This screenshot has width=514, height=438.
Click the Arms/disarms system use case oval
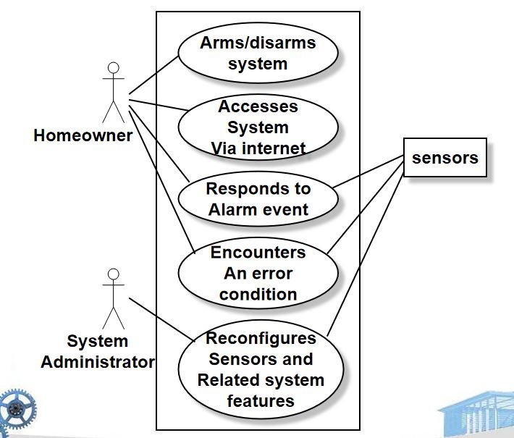[x=258, y=53]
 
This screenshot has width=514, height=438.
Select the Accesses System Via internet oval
[x=258, y=127]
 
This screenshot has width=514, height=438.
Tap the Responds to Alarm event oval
[x=258, y=199]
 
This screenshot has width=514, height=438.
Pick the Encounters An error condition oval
[x=258, y=274]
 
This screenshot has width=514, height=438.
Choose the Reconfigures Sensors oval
[x=260, y=369]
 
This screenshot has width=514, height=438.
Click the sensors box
[x=445, y=158]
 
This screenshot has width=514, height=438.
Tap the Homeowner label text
[x=83, y=135]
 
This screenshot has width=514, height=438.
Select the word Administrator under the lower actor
[x=97, y=362]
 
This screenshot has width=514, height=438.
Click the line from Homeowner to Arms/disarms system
[x=153, y=76]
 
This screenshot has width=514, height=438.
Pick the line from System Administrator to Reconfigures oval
[x=161, y=319]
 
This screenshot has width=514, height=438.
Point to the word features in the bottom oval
[x=260, y=400]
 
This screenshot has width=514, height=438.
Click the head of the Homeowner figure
[x=112, y=69]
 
